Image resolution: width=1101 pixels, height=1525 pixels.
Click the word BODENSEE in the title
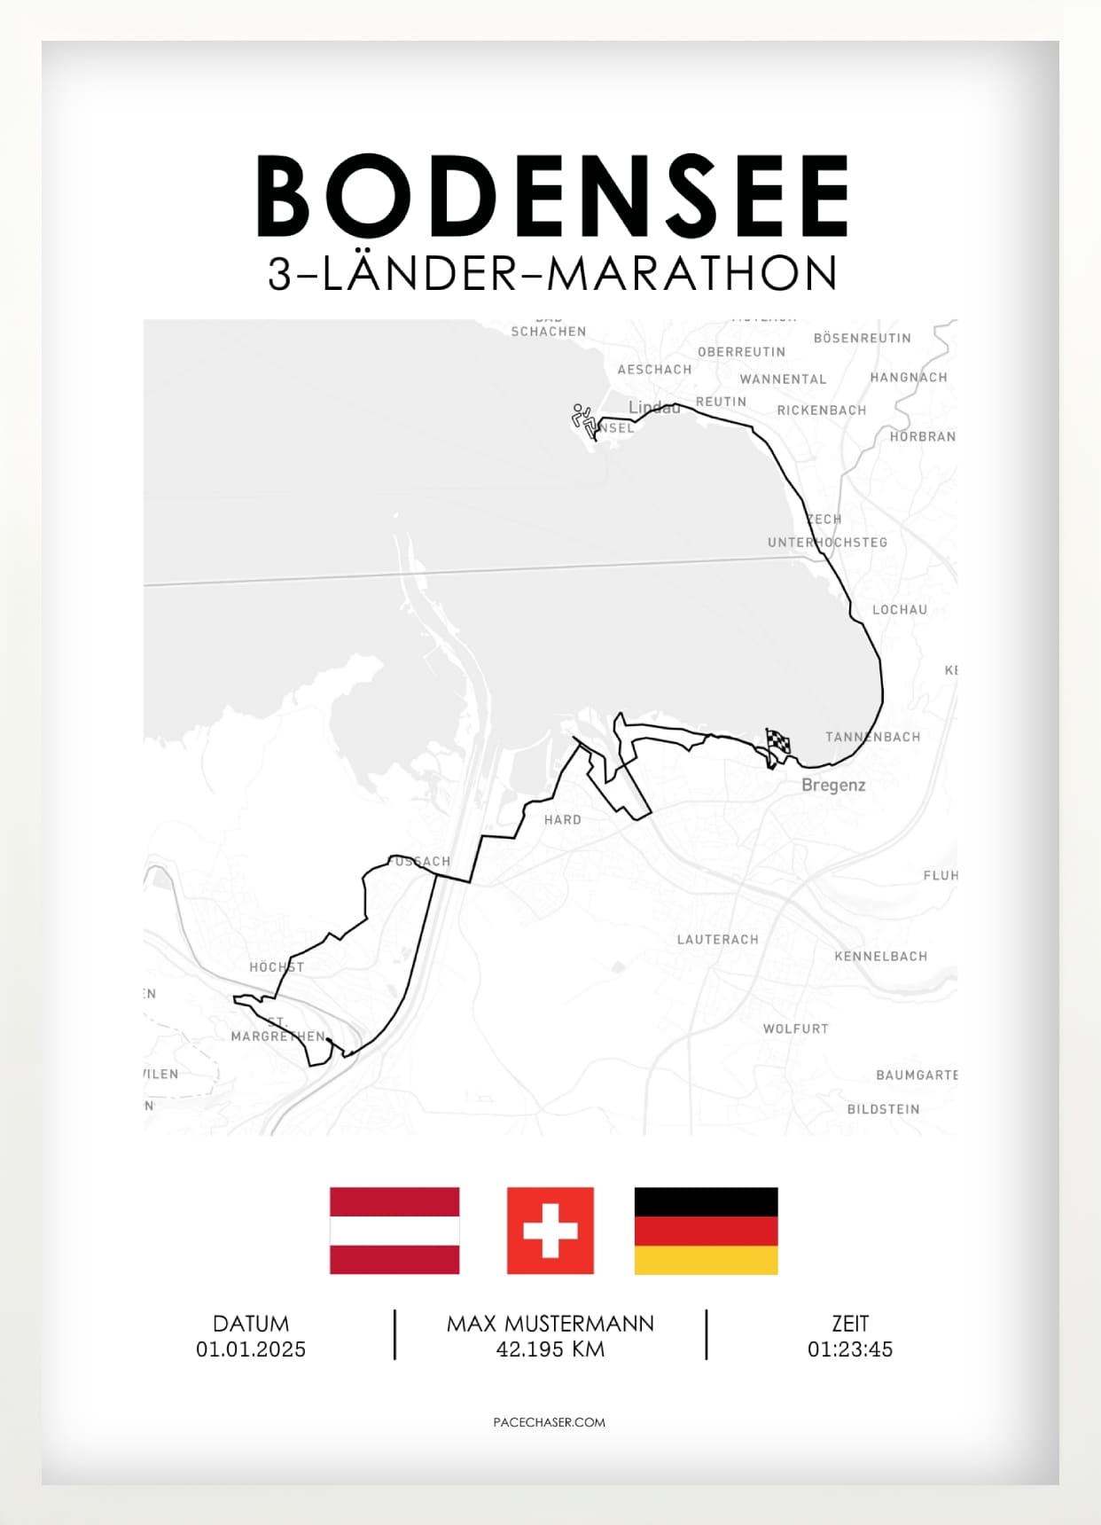point(552,196)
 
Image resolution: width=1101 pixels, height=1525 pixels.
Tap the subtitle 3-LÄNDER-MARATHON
point(552,274)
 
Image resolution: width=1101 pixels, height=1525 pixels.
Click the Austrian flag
point(394,1231)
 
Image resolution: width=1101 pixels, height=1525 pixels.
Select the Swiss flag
point(550,1231)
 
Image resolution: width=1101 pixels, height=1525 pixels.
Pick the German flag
point(706,1231)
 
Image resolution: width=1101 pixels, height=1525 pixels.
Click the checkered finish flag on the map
point(777,742)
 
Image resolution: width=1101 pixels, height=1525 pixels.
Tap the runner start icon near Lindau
point(583,419)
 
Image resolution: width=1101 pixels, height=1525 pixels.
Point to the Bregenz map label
point(833,785)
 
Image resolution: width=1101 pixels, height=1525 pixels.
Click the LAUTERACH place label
point(717,940)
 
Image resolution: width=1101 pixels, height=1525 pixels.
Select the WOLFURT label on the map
point(795,1028)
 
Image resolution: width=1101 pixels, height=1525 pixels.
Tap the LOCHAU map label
point(899,610)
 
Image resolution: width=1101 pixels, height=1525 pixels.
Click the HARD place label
point(563,820)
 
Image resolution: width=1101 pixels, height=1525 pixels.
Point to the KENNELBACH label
point(880,957)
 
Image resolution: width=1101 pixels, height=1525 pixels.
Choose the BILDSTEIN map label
point(883,1109)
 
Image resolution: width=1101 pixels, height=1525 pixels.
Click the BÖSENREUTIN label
point(862,338)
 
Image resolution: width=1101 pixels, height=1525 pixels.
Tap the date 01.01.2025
point(251,1349)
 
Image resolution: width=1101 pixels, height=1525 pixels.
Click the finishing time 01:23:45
point(849,1349)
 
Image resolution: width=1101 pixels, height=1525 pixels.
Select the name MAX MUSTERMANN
point(550,1324)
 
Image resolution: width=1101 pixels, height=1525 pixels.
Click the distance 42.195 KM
point(550,1349)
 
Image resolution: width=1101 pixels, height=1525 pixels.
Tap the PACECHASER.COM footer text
point(550,1422)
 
